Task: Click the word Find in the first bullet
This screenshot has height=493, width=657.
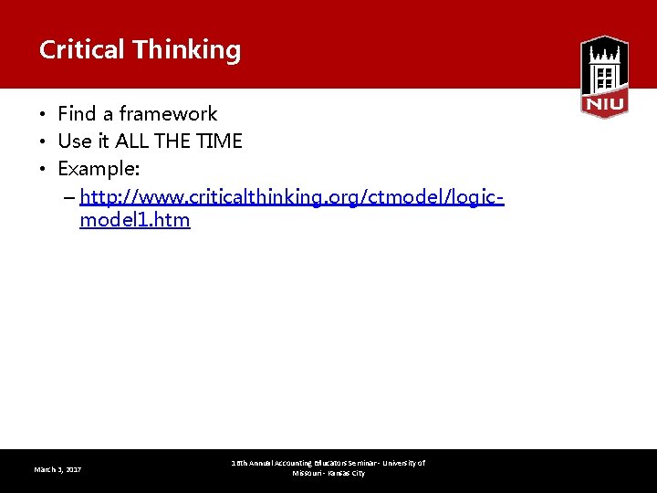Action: (x=77, y=114)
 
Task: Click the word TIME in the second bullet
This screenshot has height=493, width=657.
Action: (x=219, y=142)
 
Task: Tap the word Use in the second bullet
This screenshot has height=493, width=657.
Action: (x=74, y=142)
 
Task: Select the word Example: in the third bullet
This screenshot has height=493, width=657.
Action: (x=99, y=169)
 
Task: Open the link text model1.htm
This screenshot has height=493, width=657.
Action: (x=135, y=220)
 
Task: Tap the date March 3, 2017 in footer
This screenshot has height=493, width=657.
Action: (x=57, y=469)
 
